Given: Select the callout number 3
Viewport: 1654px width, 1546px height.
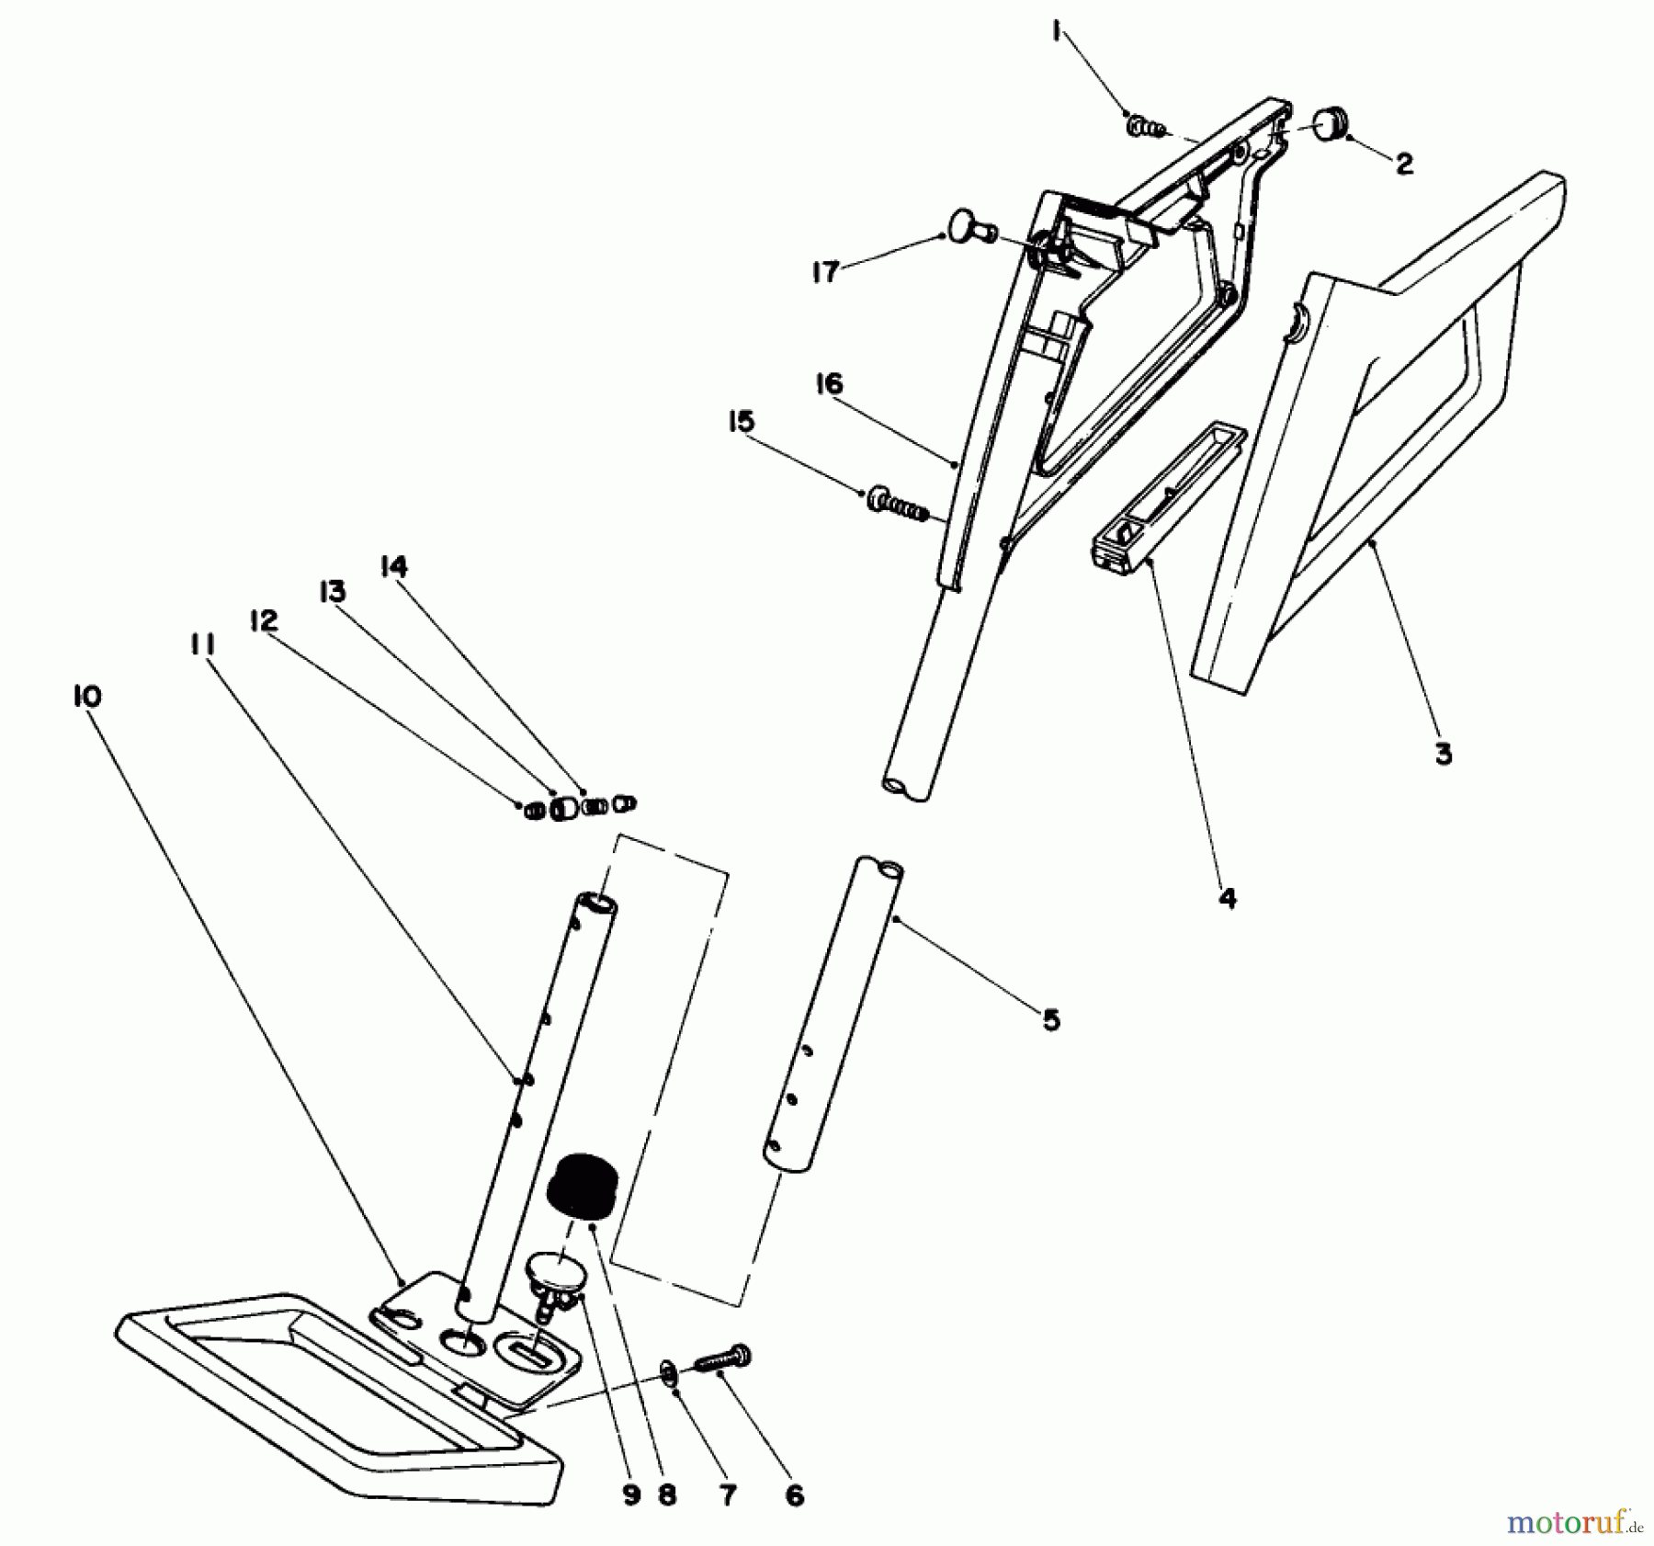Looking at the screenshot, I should point(1443,755).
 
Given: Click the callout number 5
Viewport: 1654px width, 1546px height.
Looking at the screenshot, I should point(1051,1019).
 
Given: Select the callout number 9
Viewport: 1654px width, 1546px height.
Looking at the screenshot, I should point(630,1495).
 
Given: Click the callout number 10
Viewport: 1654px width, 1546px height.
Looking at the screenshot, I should point(87,696).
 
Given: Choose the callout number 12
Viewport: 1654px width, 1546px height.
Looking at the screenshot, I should point(263,620).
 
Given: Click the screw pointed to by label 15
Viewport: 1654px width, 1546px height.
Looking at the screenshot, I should point(896,505).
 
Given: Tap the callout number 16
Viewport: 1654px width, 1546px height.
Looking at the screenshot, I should point(829,383).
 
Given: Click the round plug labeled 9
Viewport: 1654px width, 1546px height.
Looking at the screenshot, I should point(555,1278).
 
